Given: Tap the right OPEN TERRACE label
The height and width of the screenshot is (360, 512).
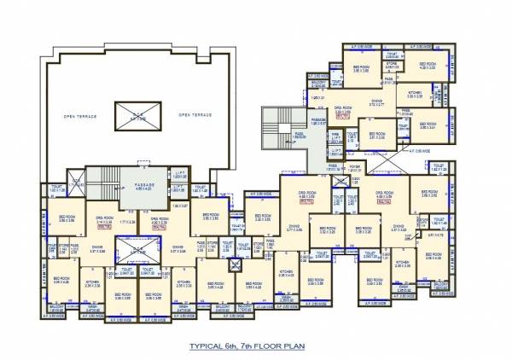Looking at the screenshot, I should tap(195, 114).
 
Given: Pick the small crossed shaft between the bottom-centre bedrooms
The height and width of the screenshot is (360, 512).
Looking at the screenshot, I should tap(232, 264).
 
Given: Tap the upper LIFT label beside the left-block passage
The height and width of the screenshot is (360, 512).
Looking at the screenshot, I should tap(182, 172).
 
